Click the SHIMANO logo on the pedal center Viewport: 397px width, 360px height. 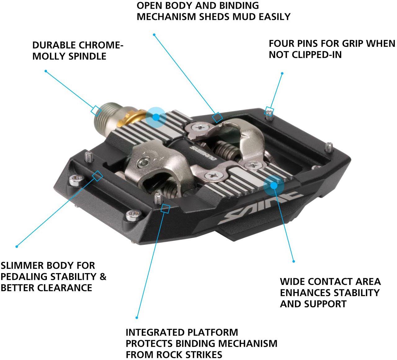pos(203,153)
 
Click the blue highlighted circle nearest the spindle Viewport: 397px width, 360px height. pos(156,117)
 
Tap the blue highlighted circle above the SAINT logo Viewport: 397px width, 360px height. pos(274,185)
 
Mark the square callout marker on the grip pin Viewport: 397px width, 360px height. pos(270,110)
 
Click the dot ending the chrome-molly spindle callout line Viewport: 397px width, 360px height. pos(46,71)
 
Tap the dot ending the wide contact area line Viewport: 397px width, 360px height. pos(293,261)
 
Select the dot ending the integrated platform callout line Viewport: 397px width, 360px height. pos(137,317)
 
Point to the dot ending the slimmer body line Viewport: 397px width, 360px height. pos(17,246)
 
